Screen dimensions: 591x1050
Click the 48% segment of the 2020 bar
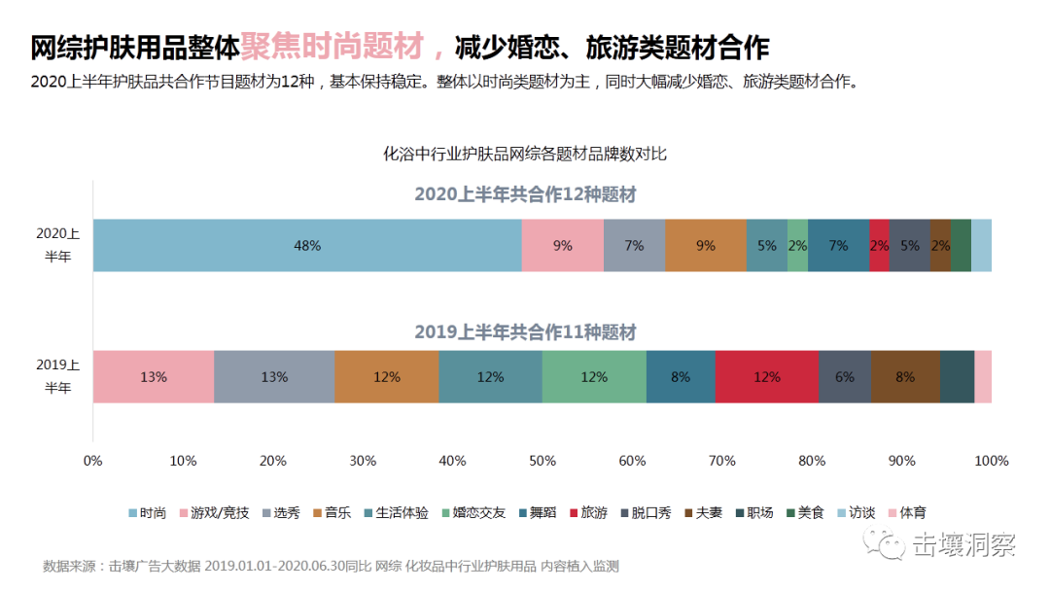point(307,245)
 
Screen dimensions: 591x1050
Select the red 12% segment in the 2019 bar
point(766,376)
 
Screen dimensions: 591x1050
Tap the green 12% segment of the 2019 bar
point(594,376)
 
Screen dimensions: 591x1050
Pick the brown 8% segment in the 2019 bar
point(905,376)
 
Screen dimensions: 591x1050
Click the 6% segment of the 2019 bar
point(844,376)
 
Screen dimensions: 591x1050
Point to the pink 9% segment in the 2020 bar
point(562,245)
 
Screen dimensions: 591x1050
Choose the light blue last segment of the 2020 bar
point(981,245)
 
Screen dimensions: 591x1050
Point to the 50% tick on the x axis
point(542,460)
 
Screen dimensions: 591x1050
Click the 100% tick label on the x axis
point(992,460)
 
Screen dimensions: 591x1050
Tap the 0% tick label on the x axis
point(93,460)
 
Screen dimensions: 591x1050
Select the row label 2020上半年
point(58,245)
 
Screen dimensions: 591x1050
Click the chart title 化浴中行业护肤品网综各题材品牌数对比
point(525,154)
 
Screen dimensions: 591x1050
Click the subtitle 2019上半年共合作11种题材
point(525,332)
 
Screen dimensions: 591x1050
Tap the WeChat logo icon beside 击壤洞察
point(890,545)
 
